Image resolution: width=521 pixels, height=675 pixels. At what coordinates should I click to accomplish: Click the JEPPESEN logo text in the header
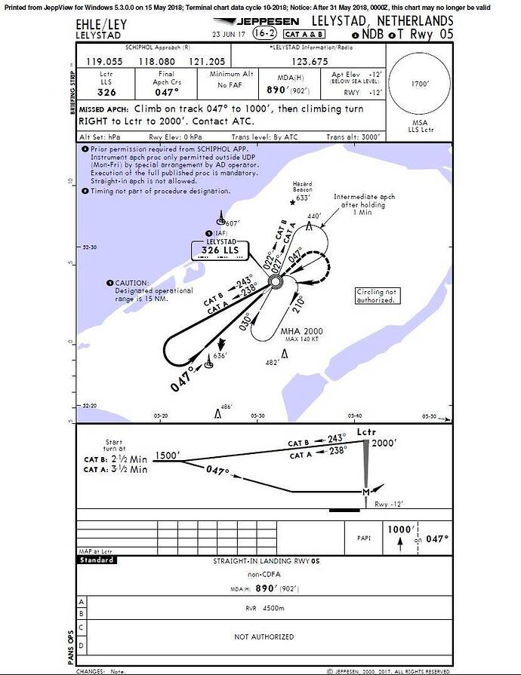pos(264,22)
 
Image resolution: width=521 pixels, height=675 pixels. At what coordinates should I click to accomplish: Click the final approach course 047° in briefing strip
pos(165,91)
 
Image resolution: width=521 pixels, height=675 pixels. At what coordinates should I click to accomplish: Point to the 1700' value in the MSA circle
pos(420,84)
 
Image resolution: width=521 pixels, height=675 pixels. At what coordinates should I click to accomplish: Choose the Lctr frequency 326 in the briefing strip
pos(106,93)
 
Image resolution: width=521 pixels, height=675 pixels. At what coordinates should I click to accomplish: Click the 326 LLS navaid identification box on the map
pos(219,250)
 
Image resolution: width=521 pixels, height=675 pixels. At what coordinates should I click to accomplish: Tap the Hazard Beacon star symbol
pos(293,201)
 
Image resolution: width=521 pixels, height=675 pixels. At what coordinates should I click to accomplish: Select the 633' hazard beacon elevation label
pos(304,198)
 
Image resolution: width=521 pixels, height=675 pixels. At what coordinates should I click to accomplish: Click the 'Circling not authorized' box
pos(375,296)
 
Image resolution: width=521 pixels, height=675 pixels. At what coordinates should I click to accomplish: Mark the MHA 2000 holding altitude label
pos(302,330)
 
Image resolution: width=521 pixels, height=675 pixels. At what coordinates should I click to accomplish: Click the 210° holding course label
pos(299,303)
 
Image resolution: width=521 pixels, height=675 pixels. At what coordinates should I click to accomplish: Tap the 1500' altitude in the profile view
pos(167,455)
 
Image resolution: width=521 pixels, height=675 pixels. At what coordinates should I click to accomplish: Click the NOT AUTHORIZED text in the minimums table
pos(264,637)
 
